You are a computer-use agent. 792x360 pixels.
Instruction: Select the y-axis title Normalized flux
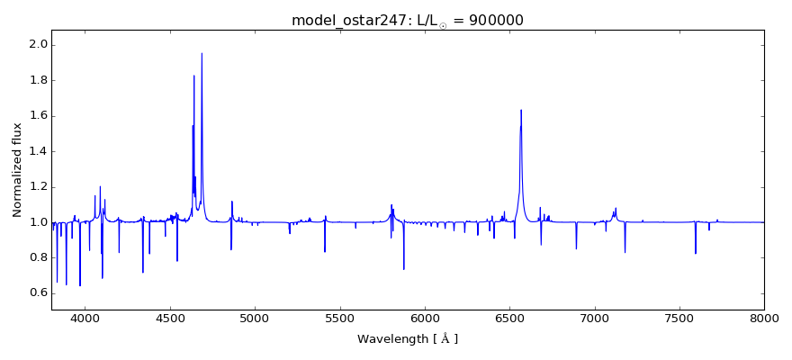pyautogui.click(x=17, y=169)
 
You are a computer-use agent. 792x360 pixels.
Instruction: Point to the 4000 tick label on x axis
pyautogui.click(x=85, y=318)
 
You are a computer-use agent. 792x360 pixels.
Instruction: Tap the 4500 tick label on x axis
pyautogui.click(x=170, y=318)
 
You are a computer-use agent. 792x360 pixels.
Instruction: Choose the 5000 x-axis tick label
pyautogui.click(x=255, y=318)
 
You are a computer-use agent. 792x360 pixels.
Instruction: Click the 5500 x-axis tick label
pyautogui.click(x=340, y=318)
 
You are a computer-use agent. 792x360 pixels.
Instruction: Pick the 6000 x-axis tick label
pyautogui.click(x=425, y=318)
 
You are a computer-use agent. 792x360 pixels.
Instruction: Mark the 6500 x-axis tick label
pyautogui.click(x=509, y=318)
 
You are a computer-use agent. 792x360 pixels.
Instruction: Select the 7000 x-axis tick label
pyautogui.click(x=595, y=318)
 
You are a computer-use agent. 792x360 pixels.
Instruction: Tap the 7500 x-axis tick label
pyautogui.click(x=679, y=318)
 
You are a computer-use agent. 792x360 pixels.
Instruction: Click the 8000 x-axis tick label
pyautogui.click(x=764, y=318)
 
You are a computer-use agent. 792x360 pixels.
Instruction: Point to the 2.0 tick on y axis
pyautogui.click(x=39, y=45)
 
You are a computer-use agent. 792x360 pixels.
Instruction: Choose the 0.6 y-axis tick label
pyautogui.click(x=39, y=292)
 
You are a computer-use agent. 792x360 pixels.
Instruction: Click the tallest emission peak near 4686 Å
pyautogui.click(x=202, y=54)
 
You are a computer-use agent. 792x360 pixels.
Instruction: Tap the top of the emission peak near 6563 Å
pyautogui.click(x=521, y=111)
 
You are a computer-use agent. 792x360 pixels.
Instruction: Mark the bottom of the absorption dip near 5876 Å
pyautogui.click(x=404, y=268)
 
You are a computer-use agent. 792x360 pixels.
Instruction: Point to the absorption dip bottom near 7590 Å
pyautogui.click(x=695, y=253)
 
